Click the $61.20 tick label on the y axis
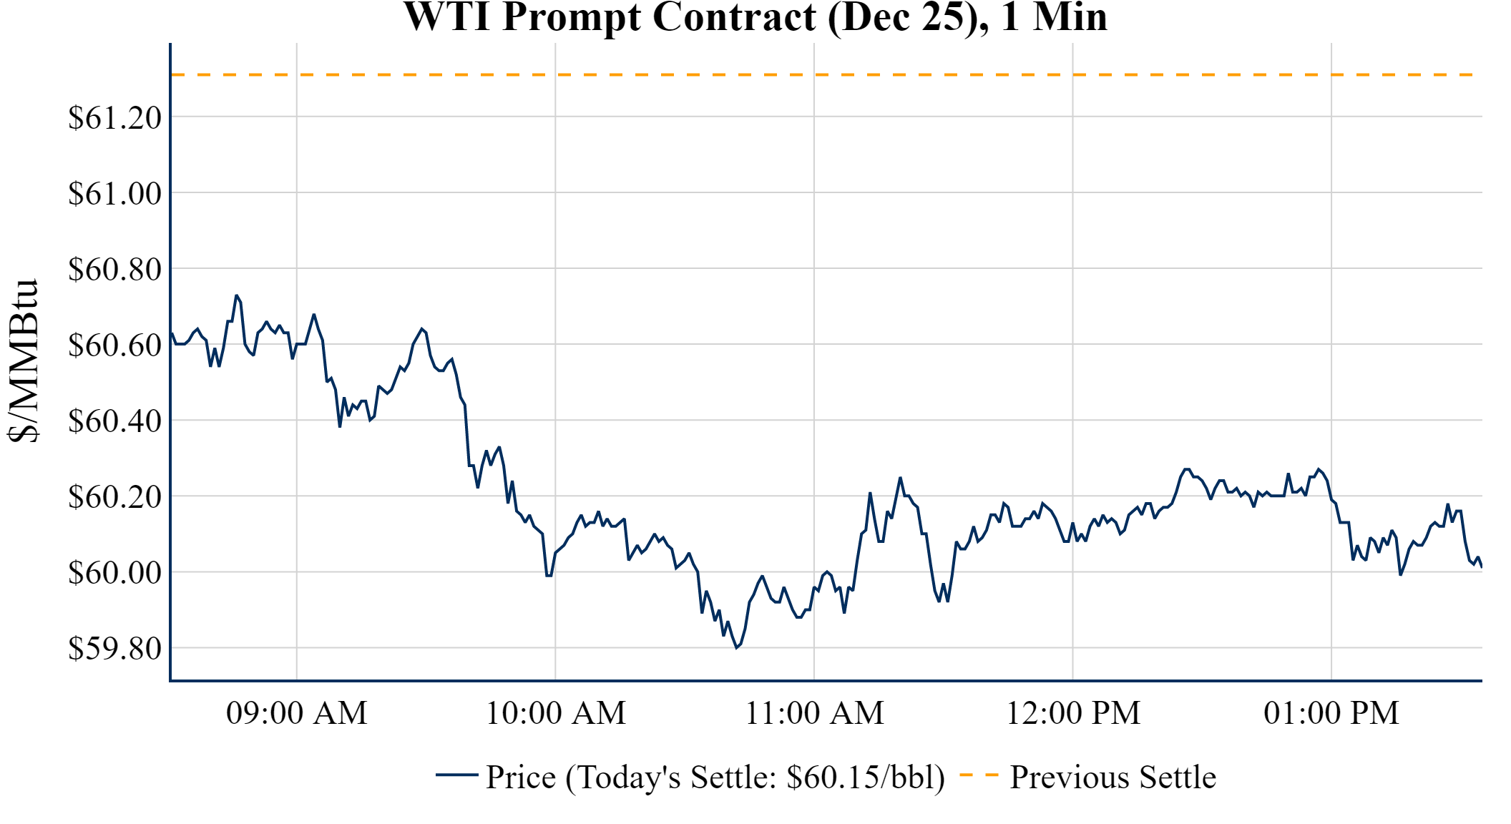[114, 118]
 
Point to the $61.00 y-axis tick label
[114, 194]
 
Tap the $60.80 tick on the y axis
[114, 270]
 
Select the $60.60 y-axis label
[114, 345]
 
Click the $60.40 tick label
[114, 421]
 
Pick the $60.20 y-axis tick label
[114, 497]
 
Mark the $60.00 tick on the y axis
[114, 573]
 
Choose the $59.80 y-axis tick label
[114, 649]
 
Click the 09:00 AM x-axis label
[297, 713]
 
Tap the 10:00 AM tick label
[556, 713]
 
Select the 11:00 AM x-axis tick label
[815, 713]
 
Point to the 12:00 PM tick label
[1073, 713]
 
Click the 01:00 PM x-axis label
[1331, 713]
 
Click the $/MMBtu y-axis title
[23, 361]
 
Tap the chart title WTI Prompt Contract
[755, 17]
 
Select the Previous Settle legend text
[1113, 778]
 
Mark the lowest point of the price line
[736, 648]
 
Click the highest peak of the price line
[236, 295]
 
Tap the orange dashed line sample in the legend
[979, 775]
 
